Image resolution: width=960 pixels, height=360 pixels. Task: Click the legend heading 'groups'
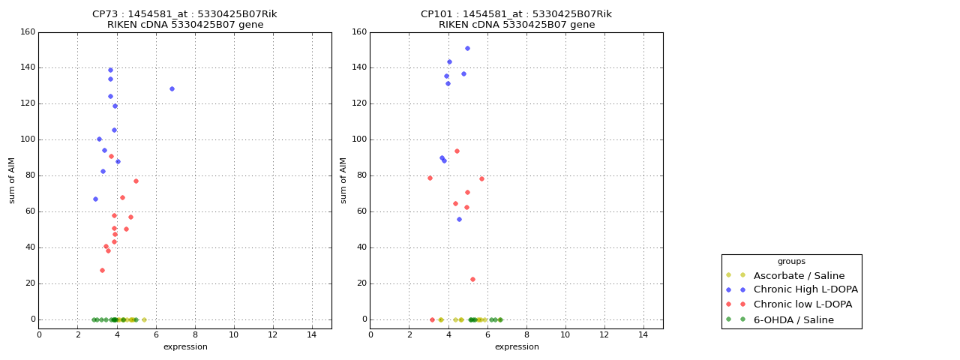tap(791, 261)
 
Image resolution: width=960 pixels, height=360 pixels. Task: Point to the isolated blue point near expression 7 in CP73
tap(172, 88)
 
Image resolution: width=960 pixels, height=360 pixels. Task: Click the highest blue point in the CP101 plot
tap(467, 48)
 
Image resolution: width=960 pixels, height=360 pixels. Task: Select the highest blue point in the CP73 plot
tap(110, 70)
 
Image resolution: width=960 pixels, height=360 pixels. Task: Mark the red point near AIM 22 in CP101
tap(472, 279)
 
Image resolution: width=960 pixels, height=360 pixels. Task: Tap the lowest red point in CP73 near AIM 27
tap(102, 270)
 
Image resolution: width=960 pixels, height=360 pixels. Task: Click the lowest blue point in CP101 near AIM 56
tap(459, 219)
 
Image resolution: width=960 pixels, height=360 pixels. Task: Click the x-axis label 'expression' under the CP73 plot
tap(184, 346)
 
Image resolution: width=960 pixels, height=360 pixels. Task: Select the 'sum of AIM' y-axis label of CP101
tap(343, 180)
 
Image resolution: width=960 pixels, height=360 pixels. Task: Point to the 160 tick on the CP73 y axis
tap(27, 32)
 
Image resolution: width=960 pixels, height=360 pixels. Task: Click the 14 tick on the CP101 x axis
tap(643, 334)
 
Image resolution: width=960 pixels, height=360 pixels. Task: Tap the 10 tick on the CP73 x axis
tap(233, 334)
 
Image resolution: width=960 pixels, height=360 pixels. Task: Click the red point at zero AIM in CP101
tap(432, 319)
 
